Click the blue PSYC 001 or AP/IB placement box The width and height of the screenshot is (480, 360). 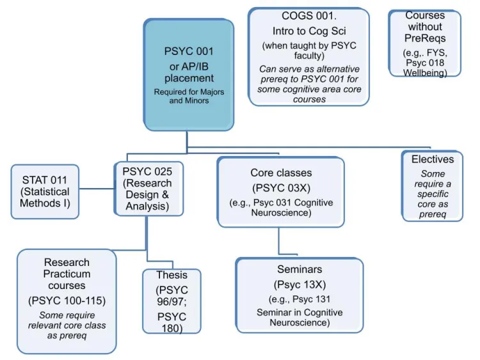click(189, 75)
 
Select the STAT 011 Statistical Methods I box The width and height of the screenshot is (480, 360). click(45, 192)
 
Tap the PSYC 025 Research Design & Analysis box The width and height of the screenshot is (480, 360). click(148, 189)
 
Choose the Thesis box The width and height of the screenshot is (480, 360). click(172, 301)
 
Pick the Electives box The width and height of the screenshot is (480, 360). click(432, 185)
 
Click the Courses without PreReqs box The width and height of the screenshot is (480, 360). click(425, 43)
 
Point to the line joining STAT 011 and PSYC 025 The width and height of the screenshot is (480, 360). click(97, 189)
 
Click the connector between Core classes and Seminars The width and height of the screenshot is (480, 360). click(279, 241)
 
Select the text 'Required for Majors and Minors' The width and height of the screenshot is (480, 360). click(189, 96)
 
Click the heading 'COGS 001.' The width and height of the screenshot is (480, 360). click(309, 16)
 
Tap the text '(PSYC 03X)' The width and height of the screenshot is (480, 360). click(282, 188)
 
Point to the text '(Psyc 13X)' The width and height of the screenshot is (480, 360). click(300, 285)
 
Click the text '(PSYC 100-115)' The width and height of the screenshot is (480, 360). click(67, 301)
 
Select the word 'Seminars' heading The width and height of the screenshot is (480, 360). click(300, 269)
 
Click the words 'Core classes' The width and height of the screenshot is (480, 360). click(281, 173)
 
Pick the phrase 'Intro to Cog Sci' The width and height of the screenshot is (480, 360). click(309, 31)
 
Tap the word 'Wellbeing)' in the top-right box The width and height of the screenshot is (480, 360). click(425, 73)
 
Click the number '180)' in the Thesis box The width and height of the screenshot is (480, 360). click(172, 329)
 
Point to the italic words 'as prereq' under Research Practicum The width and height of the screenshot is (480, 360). click(67, 336)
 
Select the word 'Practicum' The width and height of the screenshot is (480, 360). click(67, 274)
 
